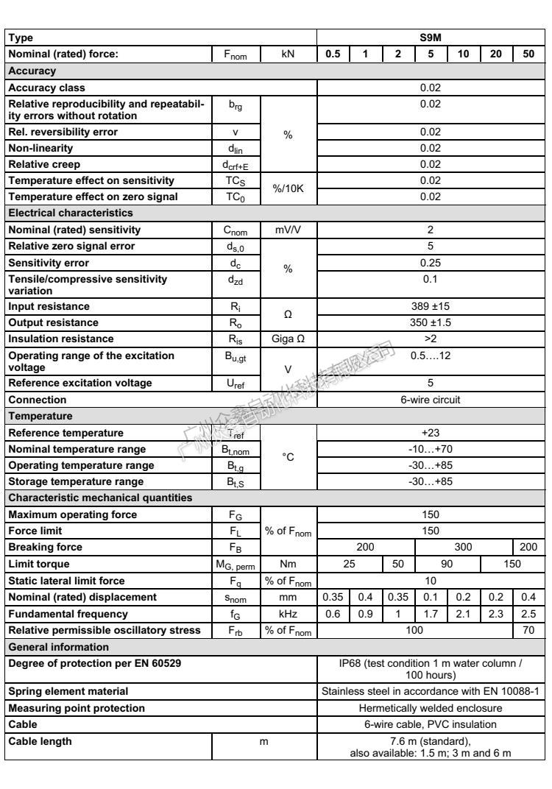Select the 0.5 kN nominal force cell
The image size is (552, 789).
(x=333, y=54)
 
